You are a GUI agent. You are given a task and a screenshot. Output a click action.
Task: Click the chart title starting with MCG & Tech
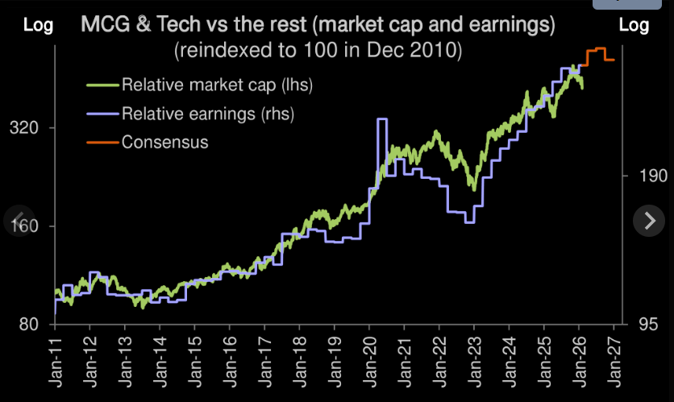pyautogui.click(x=318, y=25)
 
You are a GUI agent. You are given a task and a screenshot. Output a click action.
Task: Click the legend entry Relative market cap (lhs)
pyautogui.click(x=216, y=84)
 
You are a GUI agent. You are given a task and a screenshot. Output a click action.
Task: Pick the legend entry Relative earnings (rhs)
pyautogui.click(x=207, y=114)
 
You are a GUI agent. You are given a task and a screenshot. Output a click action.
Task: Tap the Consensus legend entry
pyautogui.click(x=164, y=143)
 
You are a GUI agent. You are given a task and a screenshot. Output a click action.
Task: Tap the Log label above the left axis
pyautogui.click(x=39, y=25)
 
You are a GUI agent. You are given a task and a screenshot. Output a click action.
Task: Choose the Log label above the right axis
pyautogui.click(x=634, y=25)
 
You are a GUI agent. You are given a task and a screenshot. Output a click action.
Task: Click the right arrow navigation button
pyautogui.click(x=649, y=219)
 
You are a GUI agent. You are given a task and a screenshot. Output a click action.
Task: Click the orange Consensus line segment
pyautogui.click(x=599, y=50)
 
